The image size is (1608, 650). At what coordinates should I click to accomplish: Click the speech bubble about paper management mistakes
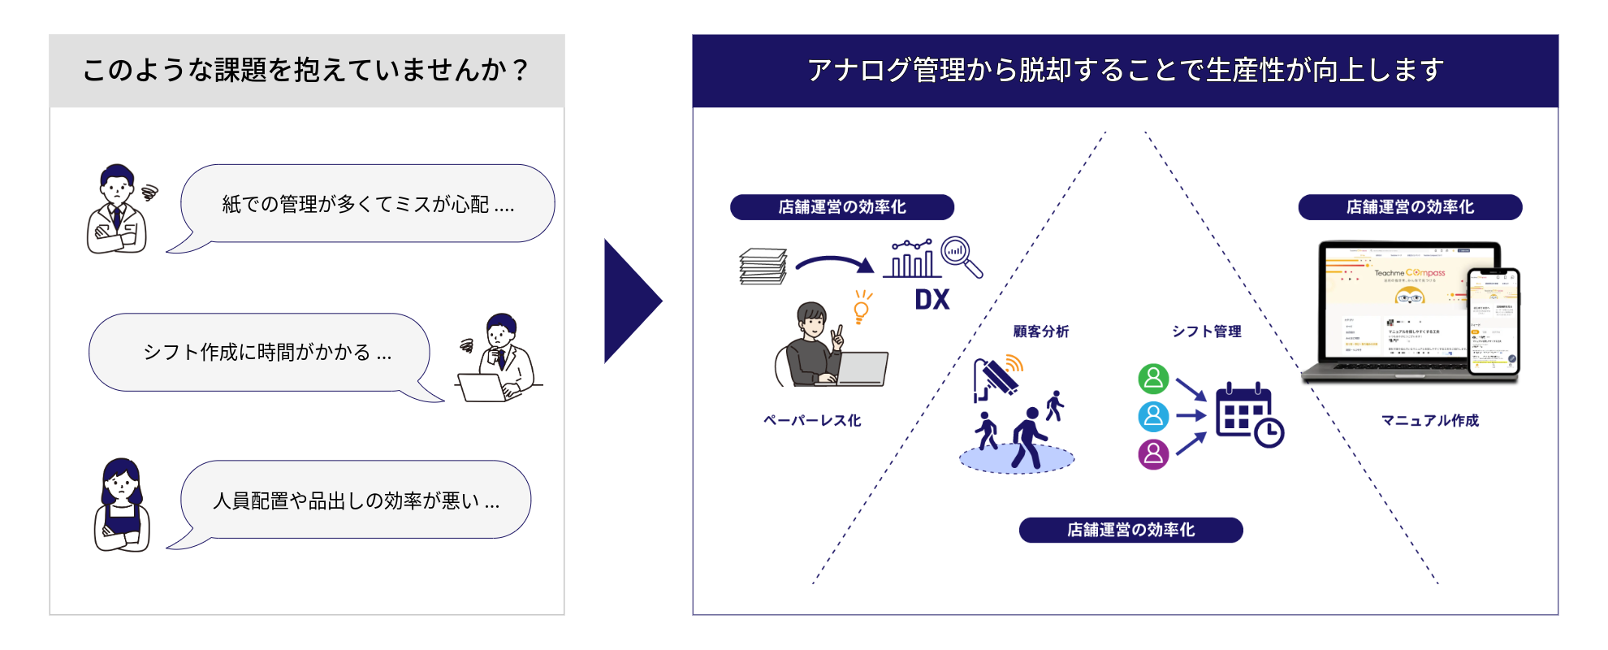point(367,204)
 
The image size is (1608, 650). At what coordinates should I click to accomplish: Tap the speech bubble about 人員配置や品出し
point(356,500)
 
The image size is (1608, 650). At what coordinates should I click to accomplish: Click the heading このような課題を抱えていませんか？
point(306,71)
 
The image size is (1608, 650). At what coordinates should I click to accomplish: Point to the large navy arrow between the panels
point(632,301)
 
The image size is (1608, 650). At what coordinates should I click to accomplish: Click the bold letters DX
point(932,300)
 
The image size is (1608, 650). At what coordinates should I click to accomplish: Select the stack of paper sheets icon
point(763,266)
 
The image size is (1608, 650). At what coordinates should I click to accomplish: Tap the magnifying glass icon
point(961,257)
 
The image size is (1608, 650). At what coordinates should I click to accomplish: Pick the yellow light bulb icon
point(862,307)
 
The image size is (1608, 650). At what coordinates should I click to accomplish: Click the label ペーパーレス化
point(812,421)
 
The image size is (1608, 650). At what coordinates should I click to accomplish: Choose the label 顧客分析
point(1040,331)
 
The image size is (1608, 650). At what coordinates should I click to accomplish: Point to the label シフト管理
point(1206,331)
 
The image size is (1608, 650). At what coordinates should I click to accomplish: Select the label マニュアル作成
point(1430,421)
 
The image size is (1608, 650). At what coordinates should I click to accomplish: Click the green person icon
point(1153,379)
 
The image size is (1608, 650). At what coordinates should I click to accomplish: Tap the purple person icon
point(1153,454)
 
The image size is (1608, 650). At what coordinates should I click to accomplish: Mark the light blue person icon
point(1153,416)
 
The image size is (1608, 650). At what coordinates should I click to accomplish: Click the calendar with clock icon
point(1248,414)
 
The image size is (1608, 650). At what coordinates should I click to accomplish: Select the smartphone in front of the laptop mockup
point(1493,322)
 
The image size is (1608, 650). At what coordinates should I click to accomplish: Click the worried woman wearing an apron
point(122,505)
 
